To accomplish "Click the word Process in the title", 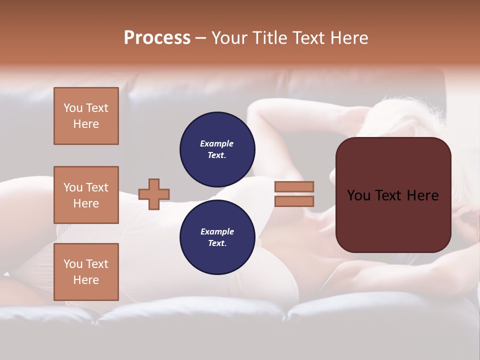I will tap(157, 38).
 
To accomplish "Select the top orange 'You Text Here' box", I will tap(86, 116).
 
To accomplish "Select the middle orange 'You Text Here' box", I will tap(86, 195).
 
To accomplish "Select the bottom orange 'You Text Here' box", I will tap(86, 272).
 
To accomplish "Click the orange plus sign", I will tap(154, 194).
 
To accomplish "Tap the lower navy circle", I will tap(217, 237).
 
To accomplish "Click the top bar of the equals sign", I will tap(294, 186).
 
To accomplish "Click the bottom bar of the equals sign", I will tap(294, 201).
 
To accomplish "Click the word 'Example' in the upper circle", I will tap(217, 143).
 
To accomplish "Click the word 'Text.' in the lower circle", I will tap(217, 243).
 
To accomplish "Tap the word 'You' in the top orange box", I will tap(73, 108).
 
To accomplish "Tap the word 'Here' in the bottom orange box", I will tap(86, 280).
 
